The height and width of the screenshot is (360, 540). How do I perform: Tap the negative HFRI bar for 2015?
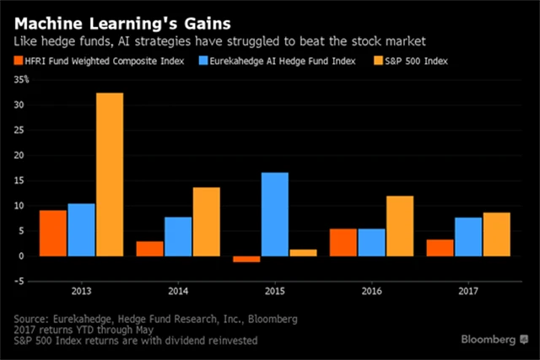click(246, 259)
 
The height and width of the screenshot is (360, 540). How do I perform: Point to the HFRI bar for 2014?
click(149, 249)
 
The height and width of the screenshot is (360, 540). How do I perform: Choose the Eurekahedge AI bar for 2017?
click(468, 237)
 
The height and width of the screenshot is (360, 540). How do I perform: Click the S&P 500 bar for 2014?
click(207, 222)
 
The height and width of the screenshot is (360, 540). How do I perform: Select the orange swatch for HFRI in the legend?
click(20, 61)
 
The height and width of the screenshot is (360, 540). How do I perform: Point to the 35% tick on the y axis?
click(20, 80)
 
